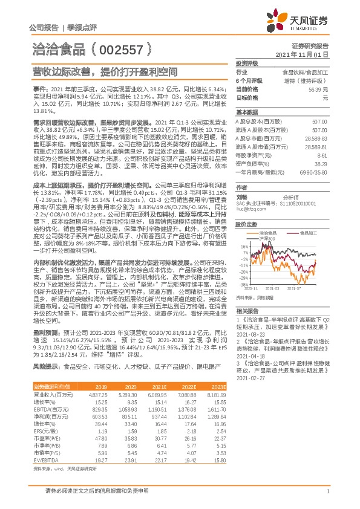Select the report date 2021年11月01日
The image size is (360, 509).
pos(306,54)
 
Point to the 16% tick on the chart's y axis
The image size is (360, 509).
pos(244,246)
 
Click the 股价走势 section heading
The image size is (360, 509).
pos(246,224)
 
